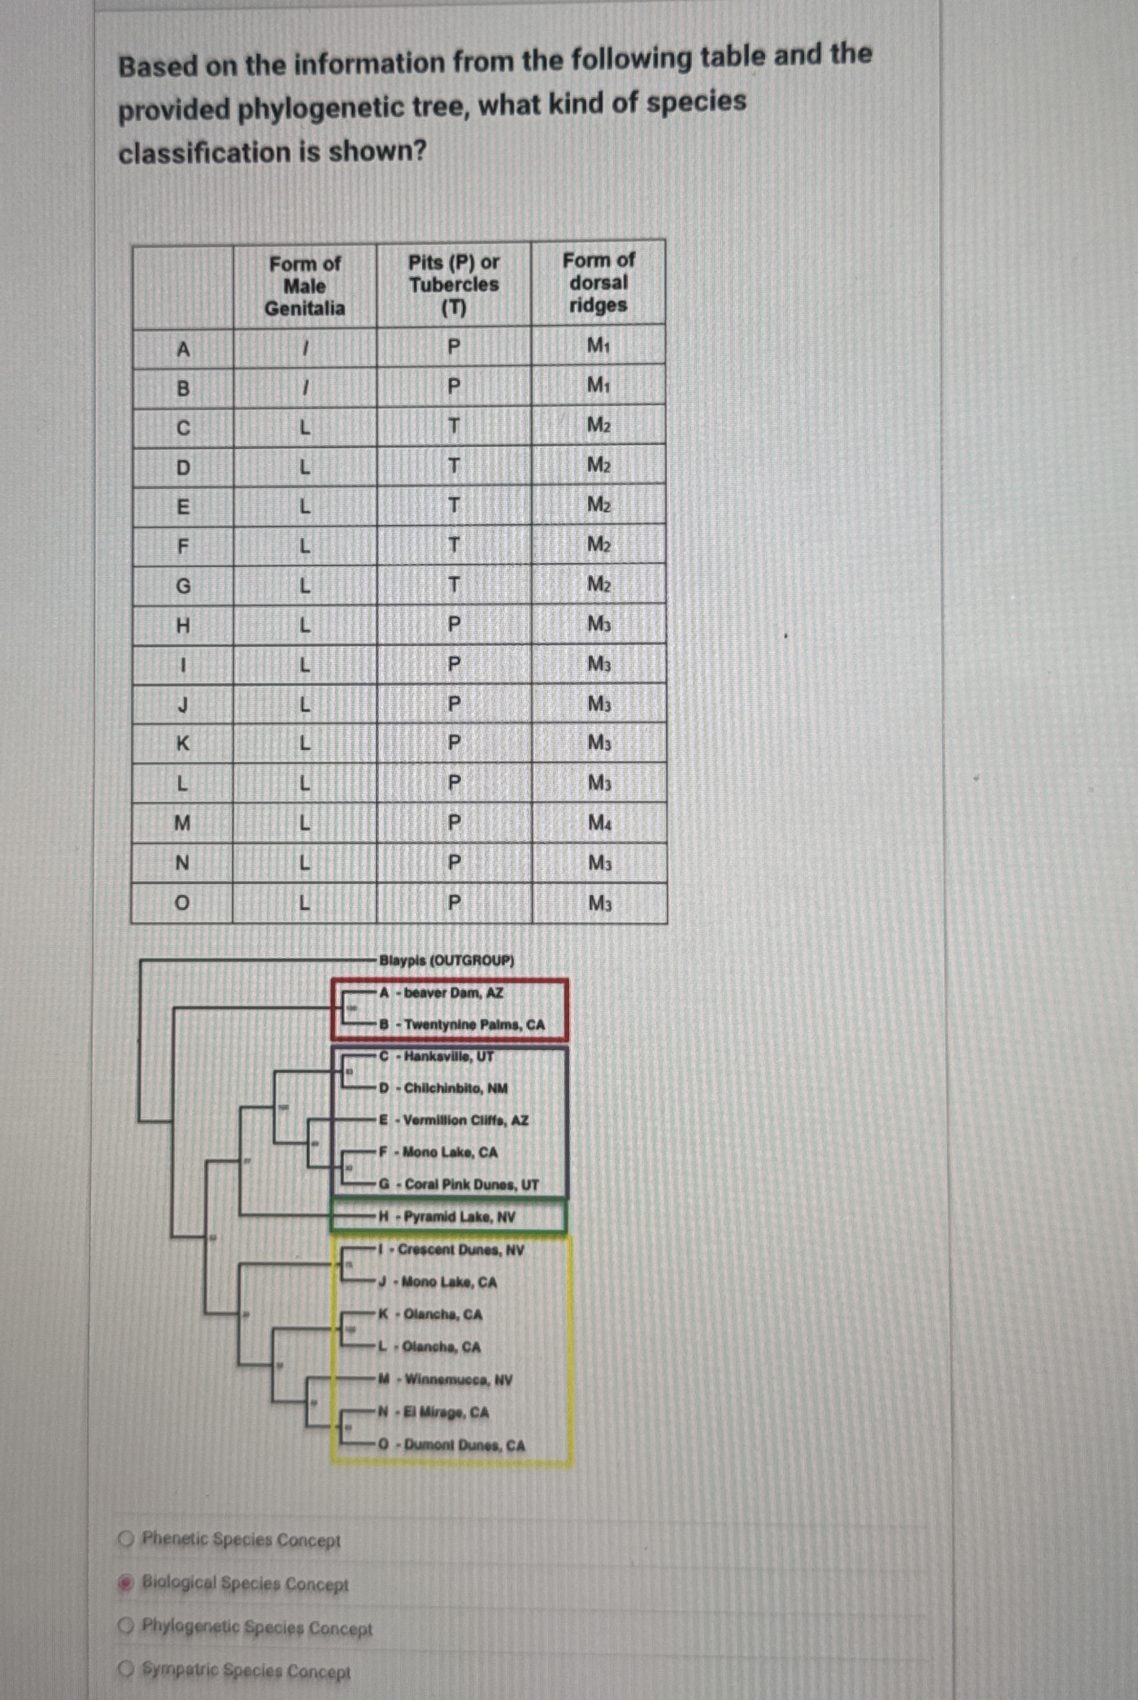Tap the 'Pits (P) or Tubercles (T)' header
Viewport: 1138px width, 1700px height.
click(454, 285)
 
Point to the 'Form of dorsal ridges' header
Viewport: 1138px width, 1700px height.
click(598, 282)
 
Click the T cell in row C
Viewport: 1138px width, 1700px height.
click(454, 427)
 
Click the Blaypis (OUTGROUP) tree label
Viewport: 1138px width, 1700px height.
click(446, 961)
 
